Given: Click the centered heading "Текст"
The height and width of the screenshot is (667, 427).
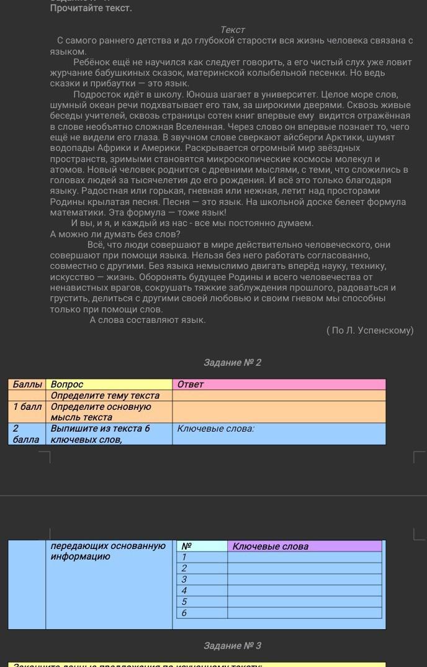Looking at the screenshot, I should pyautogui.click(x=233, y=30).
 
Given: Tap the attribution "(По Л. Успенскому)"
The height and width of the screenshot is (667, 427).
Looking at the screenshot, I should pyautogui.click(x=369, y=330).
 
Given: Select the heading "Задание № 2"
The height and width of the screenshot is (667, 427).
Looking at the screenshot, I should pyautogui.click(x=232, y=363).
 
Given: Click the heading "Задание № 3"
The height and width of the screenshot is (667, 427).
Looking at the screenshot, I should pyautogui.click(x=232, y=646).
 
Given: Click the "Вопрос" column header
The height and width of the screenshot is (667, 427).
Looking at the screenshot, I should pyautogui.click(x=67, y=384).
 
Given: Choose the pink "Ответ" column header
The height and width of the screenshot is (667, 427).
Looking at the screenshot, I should pyautogui.click(x=191, y=384).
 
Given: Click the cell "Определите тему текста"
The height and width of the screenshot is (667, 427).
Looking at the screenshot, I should pyautogui.click(x=105, y=396).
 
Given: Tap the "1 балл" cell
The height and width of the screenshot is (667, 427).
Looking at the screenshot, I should pyautogui.click(x=27, y=407).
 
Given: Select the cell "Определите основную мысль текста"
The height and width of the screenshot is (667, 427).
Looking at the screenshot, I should pyautogui.click(x=101, y=412).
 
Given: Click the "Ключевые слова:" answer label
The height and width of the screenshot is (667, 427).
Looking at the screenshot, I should pyautogui.click(x=215, y=429).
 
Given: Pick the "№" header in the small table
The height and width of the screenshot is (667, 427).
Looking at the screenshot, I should pyautogui.click(x=186, y=547).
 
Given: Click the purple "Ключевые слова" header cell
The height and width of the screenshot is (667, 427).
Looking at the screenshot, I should pyautogui.click(x=270, y=547).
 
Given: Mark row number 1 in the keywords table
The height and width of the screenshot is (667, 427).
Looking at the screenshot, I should pyautogui.click(x=184, y=557).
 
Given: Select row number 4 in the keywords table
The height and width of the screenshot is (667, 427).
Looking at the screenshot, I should pyautogui.click(x=184, y=591).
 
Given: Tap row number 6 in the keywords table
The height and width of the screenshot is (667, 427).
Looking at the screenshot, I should pyautogui.click(x=184, y=613).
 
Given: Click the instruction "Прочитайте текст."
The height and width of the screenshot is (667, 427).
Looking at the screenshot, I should pyautogui.click(x=91, y=8).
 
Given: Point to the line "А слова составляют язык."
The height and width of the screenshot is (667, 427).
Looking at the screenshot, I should pyautogui.click(x=148, y=320).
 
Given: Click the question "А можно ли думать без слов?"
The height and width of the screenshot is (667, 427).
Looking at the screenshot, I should pyautogui.click(x=115, y=234).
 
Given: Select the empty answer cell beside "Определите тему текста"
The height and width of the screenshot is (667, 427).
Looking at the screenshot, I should pyautogui.click(x=279, y=396).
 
